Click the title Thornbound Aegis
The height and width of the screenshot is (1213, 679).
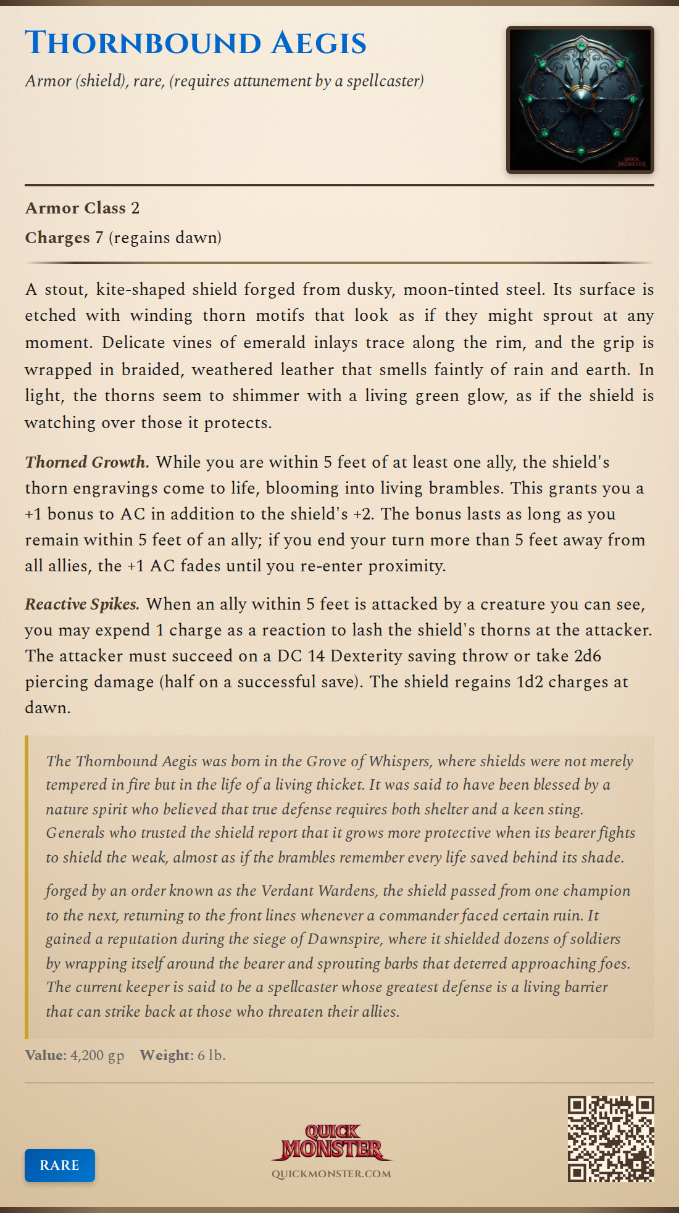pyautogui.click(x=196, y=43)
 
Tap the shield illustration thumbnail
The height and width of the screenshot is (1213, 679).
pyautogui.click(x=580, y=100)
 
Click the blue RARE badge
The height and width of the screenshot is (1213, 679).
pyautogui.click(x=60, y=1165)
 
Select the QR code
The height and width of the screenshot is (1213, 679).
pyautogui.click(x=610, y=1139)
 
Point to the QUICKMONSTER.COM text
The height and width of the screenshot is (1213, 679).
pyautogui.click(x=331, y=1174)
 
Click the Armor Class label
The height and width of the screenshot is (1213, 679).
pyautogui.click(x=75, y=208)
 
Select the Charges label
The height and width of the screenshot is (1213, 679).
pyautogui.click(x=57, y=238)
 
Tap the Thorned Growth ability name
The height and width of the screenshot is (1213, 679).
pyautogui.click(x=86, y=462)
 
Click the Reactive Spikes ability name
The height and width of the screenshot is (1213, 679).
pyautogui.click(x=82, y=604)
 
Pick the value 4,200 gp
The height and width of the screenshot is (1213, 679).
pyautogui.click(x=97, y=1055)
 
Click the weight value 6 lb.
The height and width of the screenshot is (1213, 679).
pyautogui.click(x=211, y=1055)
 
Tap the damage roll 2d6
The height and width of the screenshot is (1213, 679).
pyautogui.click(x=587, y=656)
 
